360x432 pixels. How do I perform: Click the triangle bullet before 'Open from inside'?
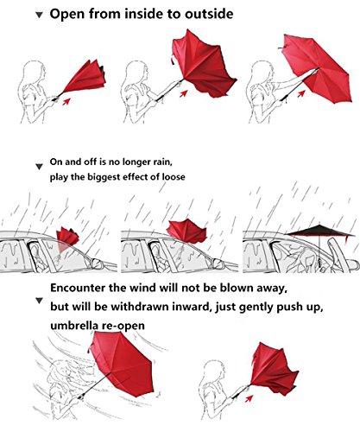(x=39, y=15)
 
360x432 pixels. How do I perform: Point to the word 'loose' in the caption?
(x=174, y=176)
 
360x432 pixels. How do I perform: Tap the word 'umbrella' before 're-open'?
(x=74, y=326)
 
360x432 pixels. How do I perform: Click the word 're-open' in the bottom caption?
(x=123, y=326)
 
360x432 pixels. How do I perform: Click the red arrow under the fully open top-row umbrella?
(x=301, y=93)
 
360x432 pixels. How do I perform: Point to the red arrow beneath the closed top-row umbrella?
(x=66, y=101)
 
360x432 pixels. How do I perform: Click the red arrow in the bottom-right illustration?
(x=249, y=398)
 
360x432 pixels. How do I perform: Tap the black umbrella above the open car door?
(x=320, y=232)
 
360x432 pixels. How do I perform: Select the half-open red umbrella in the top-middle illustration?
(x=204, y=64)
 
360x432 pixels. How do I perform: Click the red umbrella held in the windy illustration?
(x=122, y=364)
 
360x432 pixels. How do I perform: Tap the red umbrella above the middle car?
(x=187, y=231)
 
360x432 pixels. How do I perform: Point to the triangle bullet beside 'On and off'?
(x=39, y=167)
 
